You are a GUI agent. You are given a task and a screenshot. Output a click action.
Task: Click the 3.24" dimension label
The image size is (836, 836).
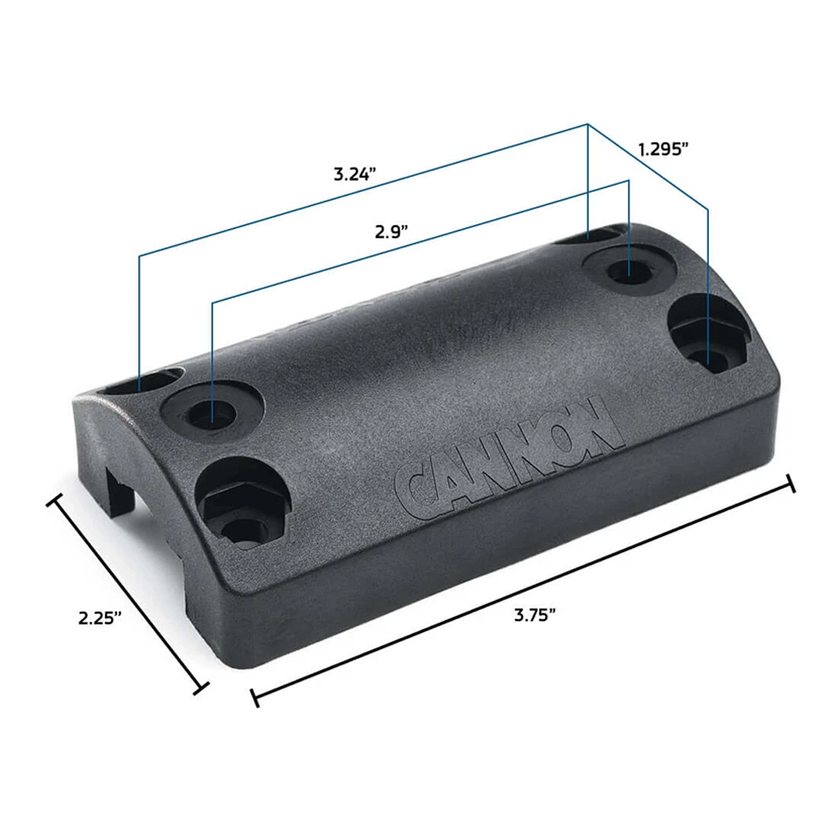[355, 173]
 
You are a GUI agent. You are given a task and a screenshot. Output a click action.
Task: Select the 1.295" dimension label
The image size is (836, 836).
[663, 149]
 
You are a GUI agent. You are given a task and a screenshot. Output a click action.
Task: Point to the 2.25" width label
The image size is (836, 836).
[101, 618]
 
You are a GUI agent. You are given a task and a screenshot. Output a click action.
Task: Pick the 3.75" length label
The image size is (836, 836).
[536, 615]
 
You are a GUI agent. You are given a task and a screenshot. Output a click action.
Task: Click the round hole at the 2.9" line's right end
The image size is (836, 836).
[627, 271]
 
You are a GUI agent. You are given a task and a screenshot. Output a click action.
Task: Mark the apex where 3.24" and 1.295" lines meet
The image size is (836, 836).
[588, 124]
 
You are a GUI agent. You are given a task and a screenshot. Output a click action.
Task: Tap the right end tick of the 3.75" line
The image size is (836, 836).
[790, 484]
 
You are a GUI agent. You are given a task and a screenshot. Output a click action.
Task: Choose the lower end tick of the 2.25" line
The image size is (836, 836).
[202, 687]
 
